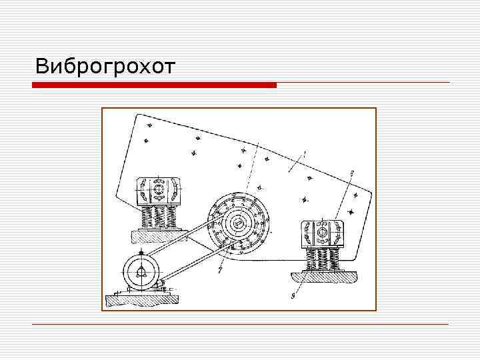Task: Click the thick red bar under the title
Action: click(155, 85)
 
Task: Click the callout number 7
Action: click(219, 271)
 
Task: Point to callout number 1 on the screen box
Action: click(304, 155)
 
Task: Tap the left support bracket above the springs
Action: click(158, 192)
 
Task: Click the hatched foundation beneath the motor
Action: click(140, 299)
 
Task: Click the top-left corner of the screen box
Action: click(137, 115)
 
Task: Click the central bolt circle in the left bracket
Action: click(159, 191)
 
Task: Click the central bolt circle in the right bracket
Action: click(322, 232)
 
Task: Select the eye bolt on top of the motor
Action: click(143, 252)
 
